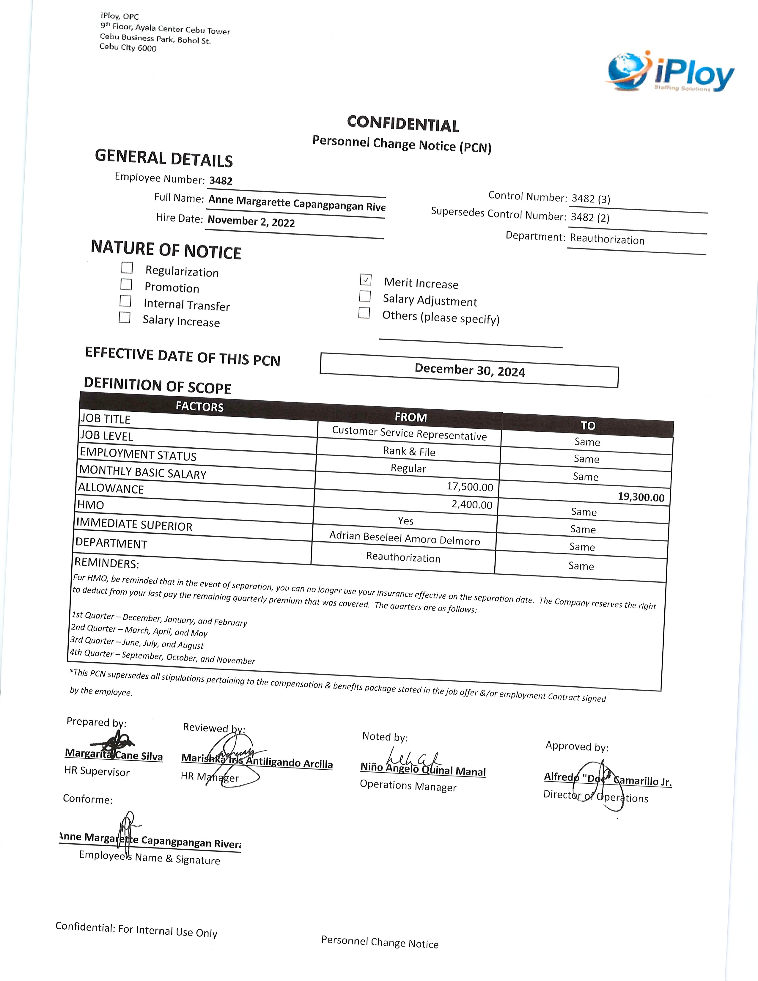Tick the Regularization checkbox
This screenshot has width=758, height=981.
[x=127, y=268]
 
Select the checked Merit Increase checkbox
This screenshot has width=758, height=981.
[x=366, y=279]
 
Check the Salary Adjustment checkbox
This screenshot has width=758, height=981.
[x=365, y=296]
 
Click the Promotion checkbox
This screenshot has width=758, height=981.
[x=126, y=284]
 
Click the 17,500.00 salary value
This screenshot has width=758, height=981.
[x=470, y=486]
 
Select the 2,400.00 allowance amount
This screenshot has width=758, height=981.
[x=472, y=504]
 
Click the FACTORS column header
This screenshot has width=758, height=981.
[x=199, y=406]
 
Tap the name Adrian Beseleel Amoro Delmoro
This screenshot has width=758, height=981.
[x=405, y=538]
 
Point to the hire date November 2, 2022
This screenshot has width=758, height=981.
[x=251, y=221]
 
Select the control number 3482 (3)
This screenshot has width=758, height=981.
[x=591, y=199]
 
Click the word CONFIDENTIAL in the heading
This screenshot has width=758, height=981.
[x=403, y=124]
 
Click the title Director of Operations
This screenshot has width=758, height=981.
[x=595, y=796]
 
